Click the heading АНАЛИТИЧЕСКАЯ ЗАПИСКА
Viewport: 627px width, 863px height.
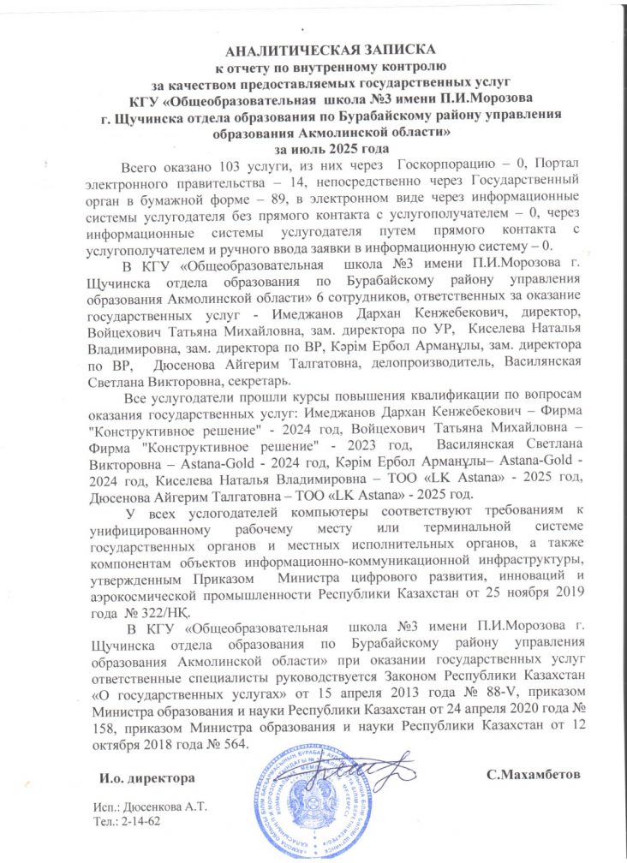click(x=313, y=49)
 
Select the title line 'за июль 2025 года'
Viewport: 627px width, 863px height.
click(x=313, y=148)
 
